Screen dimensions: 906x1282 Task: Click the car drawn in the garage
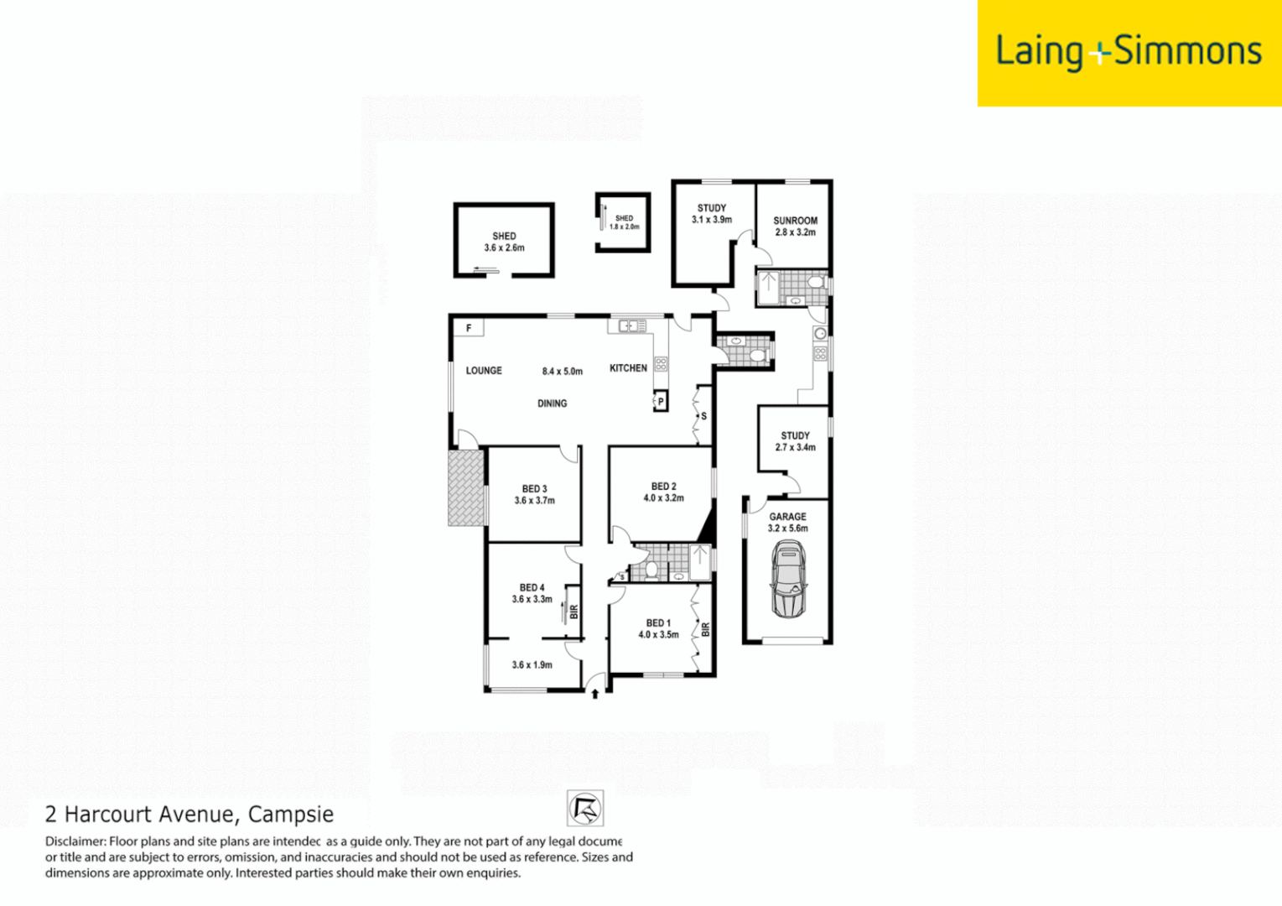tap(788, 579)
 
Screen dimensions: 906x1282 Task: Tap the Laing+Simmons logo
tap(1128, 52)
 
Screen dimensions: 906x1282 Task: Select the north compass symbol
tap(584, 809)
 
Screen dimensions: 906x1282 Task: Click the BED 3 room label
tap(534, 489)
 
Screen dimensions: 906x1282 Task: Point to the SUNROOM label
tap(795, 221)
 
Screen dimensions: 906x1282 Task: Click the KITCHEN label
tap(628, 368)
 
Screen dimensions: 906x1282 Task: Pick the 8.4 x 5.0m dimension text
tap(562, 371)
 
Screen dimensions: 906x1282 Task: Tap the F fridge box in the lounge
tap(469, 328)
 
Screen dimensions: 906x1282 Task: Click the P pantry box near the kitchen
tap(661, 402)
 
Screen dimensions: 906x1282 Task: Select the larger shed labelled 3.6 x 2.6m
tap(504, 242)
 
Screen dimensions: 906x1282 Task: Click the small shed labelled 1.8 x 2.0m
tap(624, 222)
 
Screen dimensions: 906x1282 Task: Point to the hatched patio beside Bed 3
tap(466, 488)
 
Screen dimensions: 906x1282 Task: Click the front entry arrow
tap(595, 693)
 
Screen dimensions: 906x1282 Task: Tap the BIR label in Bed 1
tap(705, 628)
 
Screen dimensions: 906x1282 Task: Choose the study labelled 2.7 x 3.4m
tap(795, 441)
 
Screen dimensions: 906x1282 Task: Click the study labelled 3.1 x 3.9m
tap(711, 214)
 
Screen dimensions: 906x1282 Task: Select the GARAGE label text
tap(787, 517)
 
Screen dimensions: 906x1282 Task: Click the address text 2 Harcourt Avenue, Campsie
tap(189, 814)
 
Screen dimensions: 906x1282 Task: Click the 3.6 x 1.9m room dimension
tap(532, 665)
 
